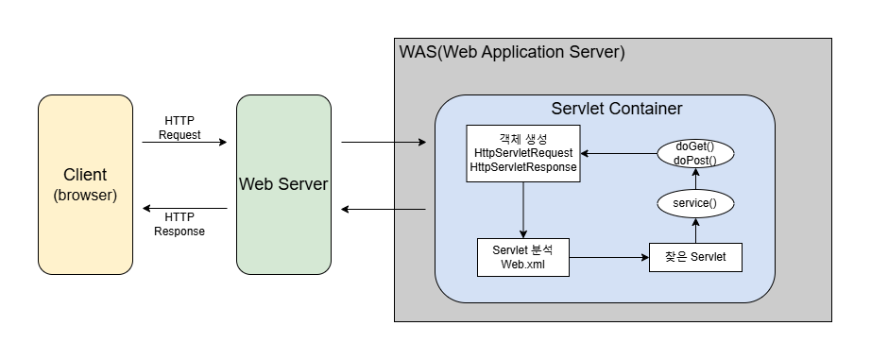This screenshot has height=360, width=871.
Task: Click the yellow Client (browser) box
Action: click(85, 184)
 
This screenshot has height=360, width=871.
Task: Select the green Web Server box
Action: click(283, 184)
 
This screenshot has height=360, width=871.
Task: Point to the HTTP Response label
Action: click(179, 224)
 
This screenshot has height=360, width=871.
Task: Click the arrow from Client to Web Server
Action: click(184, 143)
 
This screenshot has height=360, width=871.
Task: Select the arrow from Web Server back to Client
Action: click(184, 208)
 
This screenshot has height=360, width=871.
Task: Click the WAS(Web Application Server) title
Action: click(512, 52)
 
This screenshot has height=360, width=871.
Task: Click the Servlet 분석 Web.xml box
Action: click(523, 257)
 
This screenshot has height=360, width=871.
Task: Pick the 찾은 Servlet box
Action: click(694, 257)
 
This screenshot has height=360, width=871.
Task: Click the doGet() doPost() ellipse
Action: click(694, 153)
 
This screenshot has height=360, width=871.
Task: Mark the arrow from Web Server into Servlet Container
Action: click(383, 143)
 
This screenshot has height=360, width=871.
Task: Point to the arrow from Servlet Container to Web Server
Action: click(383, 208)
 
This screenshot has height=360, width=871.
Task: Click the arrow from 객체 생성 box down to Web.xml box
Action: click(523, 210)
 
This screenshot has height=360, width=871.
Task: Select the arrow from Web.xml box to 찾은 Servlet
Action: click(609, 257)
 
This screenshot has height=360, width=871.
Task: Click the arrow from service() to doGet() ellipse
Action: click(694, 179)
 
